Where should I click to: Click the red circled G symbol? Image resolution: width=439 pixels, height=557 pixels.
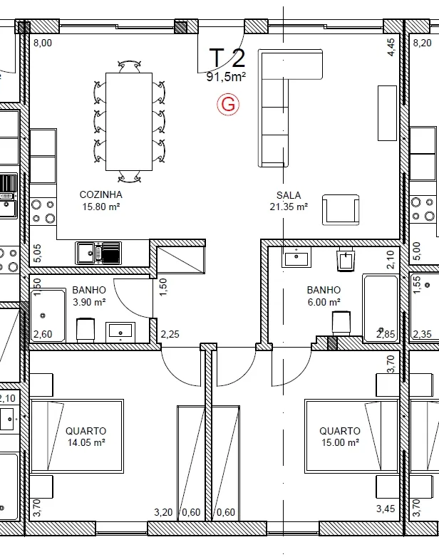(228, 105)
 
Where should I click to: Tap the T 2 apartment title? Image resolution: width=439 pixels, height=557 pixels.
(227, 58)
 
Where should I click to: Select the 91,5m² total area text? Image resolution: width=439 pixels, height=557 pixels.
(226, 76)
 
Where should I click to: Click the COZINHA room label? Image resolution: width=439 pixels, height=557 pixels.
(101, 194)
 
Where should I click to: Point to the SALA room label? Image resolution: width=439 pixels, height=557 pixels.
(289, 195)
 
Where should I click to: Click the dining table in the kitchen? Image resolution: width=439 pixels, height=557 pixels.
(129, 122)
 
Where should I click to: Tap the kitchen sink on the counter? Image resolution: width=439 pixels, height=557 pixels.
(98, 253)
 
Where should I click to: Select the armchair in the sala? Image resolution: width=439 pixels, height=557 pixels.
(341, 209)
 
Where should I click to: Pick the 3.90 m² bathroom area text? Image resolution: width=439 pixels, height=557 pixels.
(89, 302)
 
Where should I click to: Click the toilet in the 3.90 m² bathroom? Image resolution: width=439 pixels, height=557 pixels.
(86, 330)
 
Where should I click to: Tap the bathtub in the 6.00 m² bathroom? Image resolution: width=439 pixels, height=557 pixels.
(381, 308)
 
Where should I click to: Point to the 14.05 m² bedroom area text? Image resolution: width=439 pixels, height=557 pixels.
(86, 442)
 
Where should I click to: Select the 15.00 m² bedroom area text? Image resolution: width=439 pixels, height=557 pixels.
(340, 442)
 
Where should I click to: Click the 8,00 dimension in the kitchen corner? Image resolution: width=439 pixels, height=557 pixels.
(43, 43)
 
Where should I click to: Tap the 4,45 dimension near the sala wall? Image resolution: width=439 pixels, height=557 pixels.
(391, 47)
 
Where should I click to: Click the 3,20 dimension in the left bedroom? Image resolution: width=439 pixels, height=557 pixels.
(163, 512)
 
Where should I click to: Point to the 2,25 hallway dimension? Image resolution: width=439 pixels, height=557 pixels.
(170, 334)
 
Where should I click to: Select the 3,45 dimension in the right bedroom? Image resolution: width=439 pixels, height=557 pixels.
(386, 509)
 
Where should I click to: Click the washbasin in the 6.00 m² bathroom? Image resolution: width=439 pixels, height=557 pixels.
(296, 257)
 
